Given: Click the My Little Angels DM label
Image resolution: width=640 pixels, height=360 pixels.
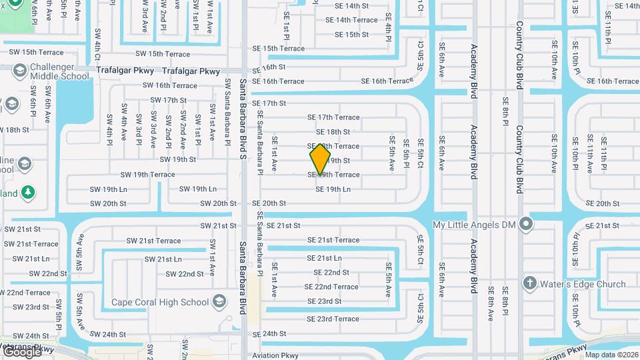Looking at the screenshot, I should [x=474, y=225].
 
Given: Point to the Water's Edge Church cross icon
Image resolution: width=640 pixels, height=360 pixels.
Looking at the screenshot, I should [x=530, y=283].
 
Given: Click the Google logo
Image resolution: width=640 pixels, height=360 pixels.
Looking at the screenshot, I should [x=21, y=351].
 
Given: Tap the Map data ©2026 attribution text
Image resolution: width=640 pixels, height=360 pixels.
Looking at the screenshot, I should [x=611, y=355].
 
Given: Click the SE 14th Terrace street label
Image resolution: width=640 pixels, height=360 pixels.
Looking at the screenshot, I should [x=351, y=20].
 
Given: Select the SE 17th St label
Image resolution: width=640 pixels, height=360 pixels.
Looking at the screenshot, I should [x=269, y=103].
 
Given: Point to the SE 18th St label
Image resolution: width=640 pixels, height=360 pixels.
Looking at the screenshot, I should [x=333, y=132].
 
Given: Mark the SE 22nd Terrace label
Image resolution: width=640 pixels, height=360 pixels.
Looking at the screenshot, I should [x=331, y=287].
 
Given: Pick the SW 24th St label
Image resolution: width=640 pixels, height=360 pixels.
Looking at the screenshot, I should [x=107, y=335].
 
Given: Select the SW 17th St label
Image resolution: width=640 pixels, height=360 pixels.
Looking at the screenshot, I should [x=169, y=100].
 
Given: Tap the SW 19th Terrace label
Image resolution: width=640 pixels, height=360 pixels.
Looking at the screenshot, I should [x=147, y=175].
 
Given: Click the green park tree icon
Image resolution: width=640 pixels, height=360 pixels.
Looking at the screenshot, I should [x=27, y=193].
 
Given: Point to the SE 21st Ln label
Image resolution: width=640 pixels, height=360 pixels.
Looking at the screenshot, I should [x=324, y=258].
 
